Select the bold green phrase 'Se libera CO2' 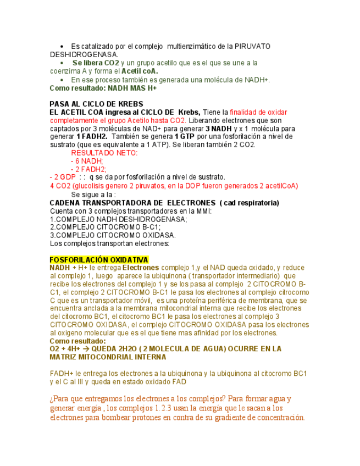95,63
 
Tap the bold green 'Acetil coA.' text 140,71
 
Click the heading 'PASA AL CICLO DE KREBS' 96,104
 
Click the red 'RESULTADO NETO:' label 104,153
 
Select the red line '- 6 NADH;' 87,161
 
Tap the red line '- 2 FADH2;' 88,169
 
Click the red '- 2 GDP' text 63,177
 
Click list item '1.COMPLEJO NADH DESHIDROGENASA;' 118,219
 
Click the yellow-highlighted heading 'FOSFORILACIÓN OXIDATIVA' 99,259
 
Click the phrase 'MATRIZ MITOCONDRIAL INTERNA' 100,357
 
